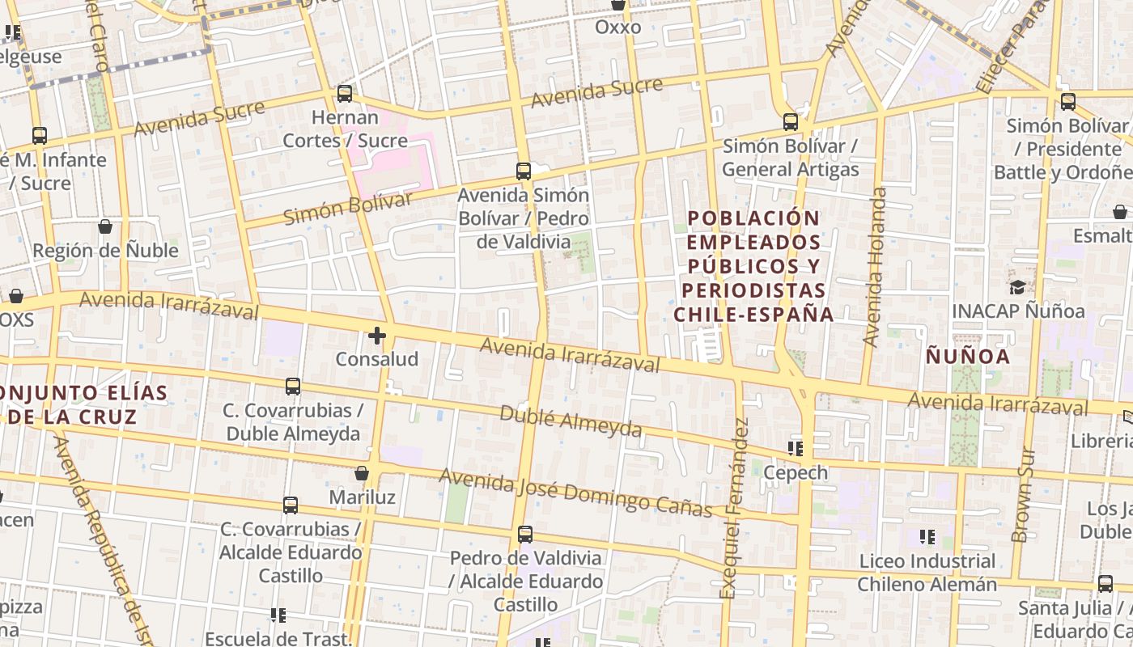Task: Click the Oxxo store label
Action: click(617, 27)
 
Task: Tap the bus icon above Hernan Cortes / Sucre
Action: click(345, 94)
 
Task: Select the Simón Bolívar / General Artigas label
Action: click(790, 158)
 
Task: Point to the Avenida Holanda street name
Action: click(876, 267)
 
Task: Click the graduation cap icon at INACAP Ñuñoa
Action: click(1017, 287)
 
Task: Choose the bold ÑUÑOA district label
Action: click(968, 357)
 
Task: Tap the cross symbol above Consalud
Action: click(377, 335)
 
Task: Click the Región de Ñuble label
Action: click(105, 251)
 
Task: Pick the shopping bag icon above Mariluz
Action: click(362, 473)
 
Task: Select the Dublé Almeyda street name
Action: click(571, 421)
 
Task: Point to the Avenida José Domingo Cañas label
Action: click(575, 492)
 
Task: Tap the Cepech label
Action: click(796, 472)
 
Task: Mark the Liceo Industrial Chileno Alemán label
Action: click(927, 573)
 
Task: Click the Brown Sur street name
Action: click(1023, 496)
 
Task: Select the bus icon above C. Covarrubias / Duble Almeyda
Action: click(293, 387)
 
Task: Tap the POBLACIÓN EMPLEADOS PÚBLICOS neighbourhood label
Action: click(757, 265)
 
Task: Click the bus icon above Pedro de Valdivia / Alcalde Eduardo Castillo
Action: click(525, 535)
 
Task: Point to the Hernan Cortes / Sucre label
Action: click(345, 129)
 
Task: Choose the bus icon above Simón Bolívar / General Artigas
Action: click(791, 123)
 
